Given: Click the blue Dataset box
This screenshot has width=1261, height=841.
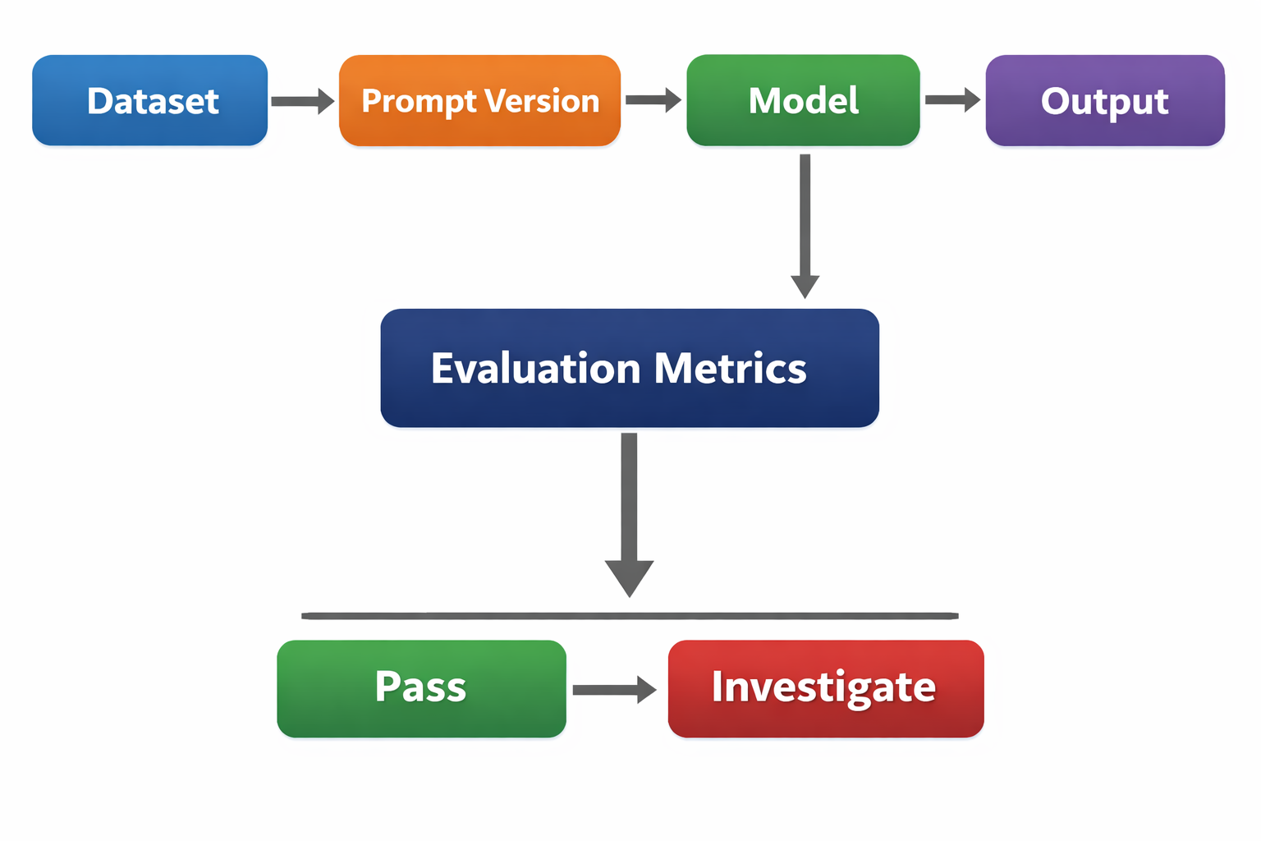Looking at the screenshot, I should (x=150, y=100).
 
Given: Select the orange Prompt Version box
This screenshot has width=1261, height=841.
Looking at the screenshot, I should (x=479, y=100).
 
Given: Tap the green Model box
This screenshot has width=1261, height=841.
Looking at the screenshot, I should (x=803, y=100).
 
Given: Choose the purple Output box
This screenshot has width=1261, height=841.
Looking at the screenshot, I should (x=1104, y=100).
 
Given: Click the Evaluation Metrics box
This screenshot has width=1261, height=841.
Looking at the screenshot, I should (x=630, y=368).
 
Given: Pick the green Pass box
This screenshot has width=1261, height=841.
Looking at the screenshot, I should (x=421, y=688).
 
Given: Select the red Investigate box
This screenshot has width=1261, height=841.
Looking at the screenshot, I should (x=825, y=688).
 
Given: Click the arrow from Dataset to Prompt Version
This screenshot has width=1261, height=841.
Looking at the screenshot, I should (x=301, y=101).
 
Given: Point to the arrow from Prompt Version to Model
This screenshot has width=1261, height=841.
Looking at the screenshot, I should (x=652, y=100).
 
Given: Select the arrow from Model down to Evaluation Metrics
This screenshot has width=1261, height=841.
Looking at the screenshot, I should (x=805, y=222).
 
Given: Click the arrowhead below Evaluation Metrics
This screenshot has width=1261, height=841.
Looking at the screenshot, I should (x=629, y=577).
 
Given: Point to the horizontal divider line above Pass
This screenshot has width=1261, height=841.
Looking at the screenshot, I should (x=630, y=615).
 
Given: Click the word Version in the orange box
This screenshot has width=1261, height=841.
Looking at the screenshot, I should (x=541, y=101).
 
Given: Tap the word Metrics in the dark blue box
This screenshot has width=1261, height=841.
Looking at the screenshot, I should (x=731, y=369).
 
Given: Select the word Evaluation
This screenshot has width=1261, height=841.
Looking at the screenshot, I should (x=535, y=369).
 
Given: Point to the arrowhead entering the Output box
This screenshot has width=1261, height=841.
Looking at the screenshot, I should (x=972, y=100).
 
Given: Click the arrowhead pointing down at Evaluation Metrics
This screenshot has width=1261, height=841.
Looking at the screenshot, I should (x=805, y=287).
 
